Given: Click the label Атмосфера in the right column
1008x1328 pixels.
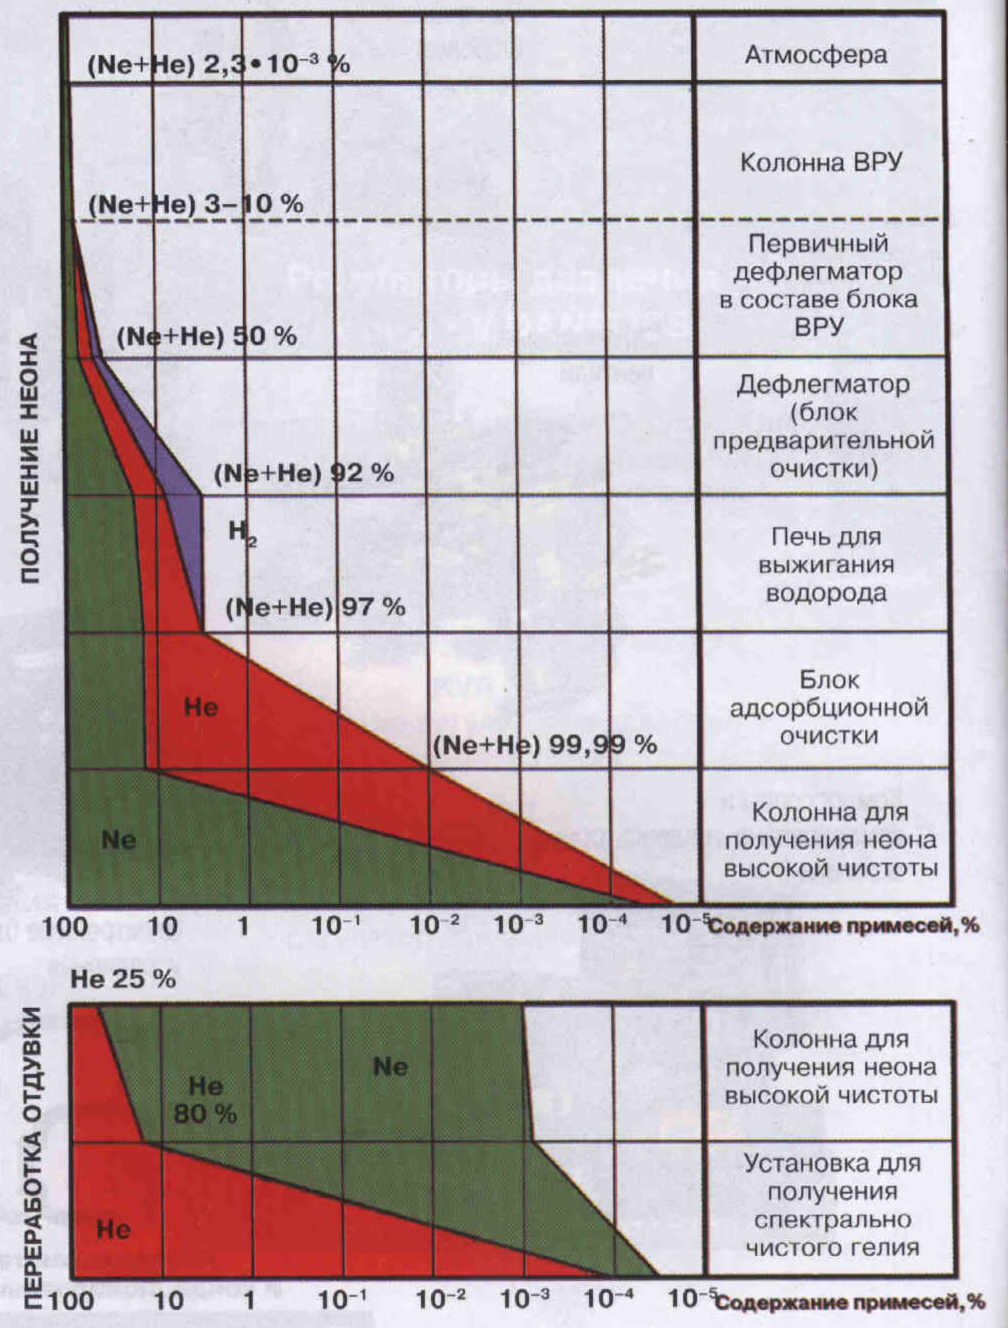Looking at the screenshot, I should click(815, 55).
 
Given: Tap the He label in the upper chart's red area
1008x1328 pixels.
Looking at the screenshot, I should click(201, 707).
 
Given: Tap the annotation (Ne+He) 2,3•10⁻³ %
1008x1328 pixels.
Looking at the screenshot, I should click(219, 64).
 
